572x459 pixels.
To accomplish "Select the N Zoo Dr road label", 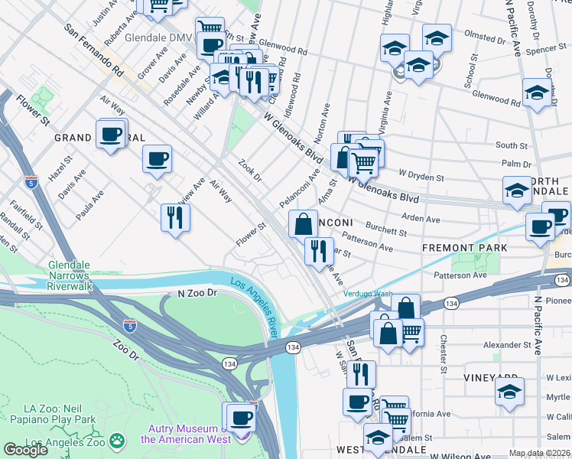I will [198, 293].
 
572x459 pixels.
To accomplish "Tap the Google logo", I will [25, 450].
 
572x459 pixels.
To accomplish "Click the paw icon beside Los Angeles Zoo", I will [116, 441].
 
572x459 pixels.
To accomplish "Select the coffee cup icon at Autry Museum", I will [242, 418].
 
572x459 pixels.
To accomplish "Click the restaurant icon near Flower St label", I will [174, 218].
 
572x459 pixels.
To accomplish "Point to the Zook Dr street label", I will [250, 171].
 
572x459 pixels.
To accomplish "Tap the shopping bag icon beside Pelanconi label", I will [304, 224].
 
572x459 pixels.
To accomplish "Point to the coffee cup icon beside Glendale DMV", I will [210, 44].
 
